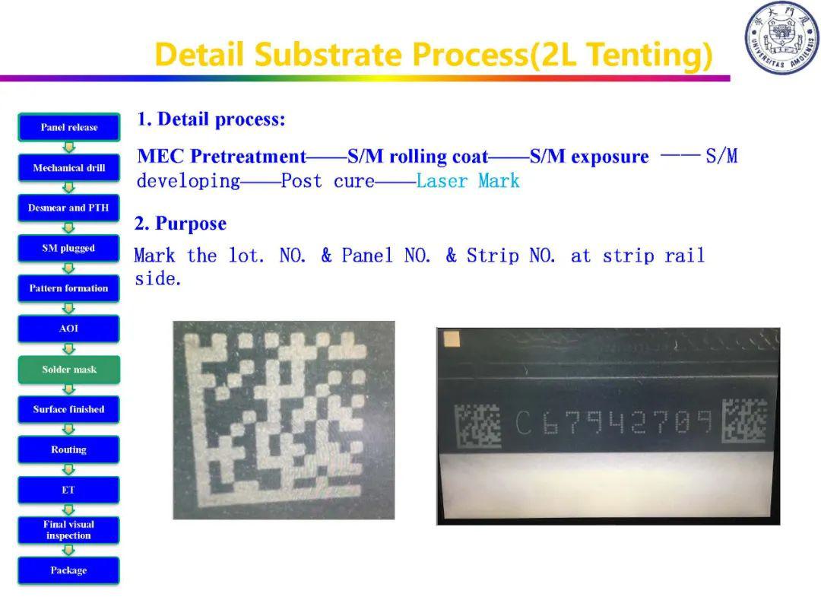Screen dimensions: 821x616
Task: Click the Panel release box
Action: pos(69,127)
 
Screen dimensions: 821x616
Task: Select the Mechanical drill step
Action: pos(69,168)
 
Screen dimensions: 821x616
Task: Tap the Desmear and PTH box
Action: pos(69,208)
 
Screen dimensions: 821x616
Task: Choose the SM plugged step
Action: pos(69,248)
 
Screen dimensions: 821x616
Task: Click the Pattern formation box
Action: pos(69,289)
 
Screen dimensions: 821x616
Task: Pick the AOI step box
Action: pos(69,329)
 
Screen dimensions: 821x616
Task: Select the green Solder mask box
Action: pos(69,370)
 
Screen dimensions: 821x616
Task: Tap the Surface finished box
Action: pos(69,410)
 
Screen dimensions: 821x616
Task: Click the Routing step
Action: pos(69,450)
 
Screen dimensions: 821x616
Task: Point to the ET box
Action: pos(69,491)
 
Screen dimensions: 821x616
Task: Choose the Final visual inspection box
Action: pos(69,530)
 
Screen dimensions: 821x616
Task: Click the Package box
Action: pos(69,570)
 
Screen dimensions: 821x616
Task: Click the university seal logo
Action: pos(781,38)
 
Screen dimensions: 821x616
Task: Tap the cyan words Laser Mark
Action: pos(468,181)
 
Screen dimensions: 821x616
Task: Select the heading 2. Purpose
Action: pos(181,224)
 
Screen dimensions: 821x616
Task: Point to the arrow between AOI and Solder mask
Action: pos(69,349)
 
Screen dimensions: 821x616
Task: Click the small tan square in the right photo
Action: pos(451,339)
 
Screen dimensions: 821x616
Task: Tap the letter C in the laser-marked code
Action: pos(524,423)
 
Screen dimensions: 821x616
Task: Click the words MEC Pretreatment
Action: pos(222,156)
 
